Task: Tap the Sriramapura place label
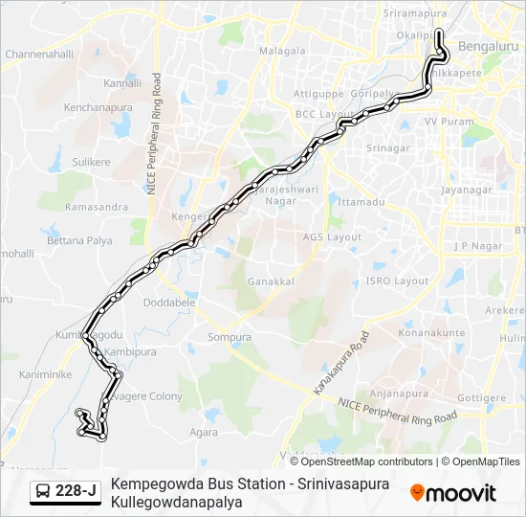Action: coord(415,14)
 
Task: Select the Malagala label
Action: coord(282,50)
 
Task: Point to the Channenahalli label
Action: coord(38,55)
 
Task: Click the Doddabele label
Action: coord(168,302)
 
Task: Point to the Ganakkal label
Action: coord(271,282)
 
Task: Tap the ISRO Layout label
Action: coord(397,281)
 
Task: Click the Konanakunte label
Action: coord(432,333)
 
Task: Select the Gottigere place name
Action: coord(481,396)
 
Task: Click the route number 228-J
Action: coord(76,491)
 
